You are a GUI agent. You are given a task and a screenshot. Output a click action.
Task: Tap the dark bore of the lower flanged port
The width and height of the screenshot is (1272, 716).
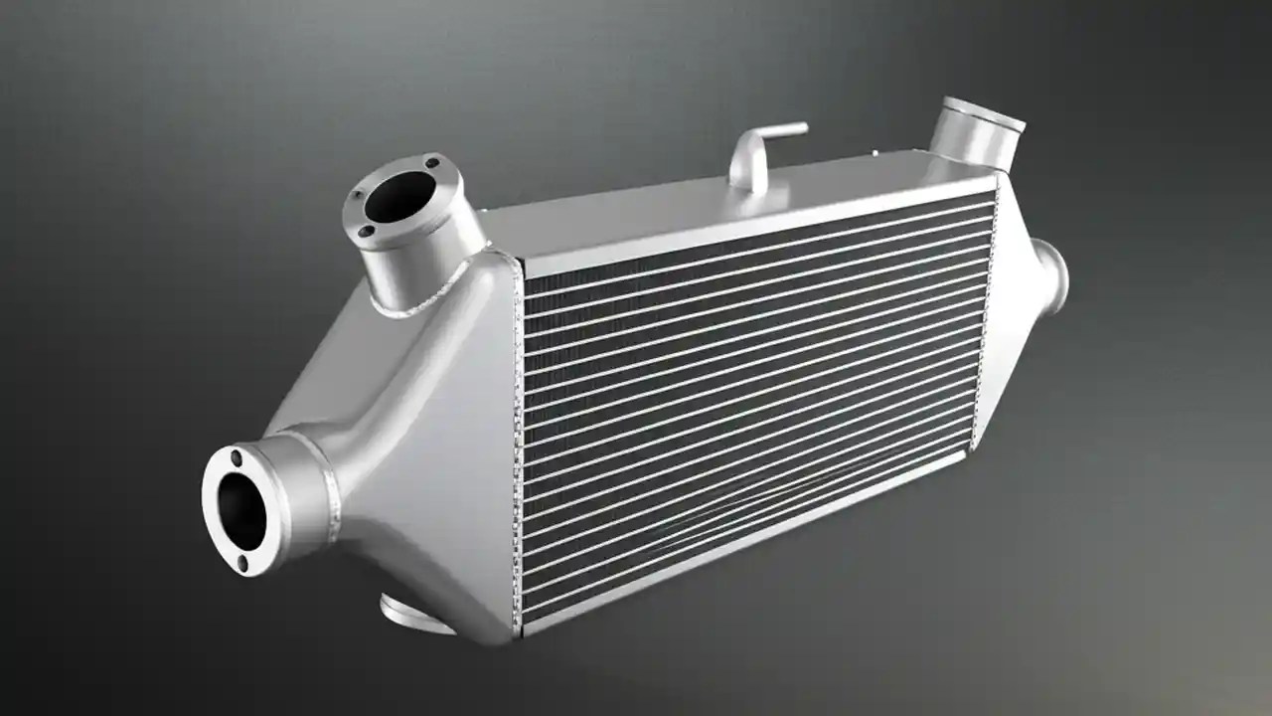pyautogui.click(x=241, y=510)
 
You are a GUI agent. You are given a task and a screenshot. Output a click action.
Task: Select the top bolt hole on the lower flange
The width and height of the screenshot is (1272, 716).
pyautogui.click(x=236, y=459)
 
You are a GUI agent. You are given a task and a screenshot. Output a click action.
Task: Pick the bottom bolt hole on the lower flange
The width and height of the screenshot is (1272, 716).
pyautogui.click(x=243, y=564)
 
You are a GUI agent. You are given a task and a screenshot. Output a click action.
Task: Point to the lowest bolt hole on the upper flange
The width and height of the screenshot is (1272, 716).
pyautogui.click(x=367, y=232)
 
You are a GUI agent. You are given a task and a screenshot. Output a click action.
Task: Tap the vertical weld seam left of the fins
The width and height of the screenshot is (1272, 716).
pyautogui.click(x=518, y=447)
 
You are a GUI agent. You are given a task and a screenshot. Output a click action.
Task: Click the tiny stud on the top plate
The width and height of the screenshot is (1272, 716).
pyautogui.click(x=874, y=153)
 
